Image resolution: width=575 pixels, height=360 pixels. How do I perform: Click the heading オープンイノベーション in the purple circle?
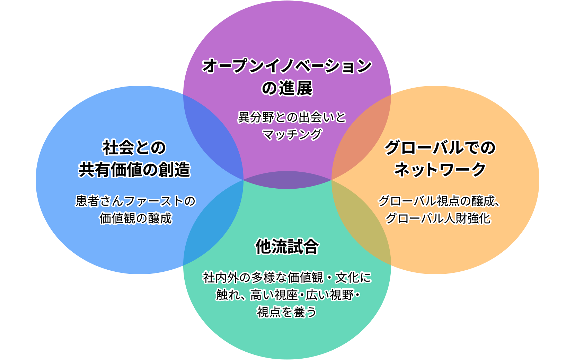(x=287, y=66)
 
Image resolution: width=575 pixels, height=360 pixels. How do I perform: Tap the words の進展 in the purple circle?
(x=287, y=88)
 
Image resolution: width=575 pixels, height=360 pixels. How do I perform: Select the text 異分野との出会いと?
(x=292, y=117)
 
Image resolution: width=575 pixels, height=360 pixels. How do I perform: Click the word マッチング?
(x=292, y=134)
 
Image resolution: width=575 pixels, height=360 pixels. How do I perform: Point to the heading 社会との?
(x=134, y=148)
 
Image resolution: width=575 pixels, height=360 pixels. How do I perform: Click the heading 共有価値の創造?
(x=134, y=170)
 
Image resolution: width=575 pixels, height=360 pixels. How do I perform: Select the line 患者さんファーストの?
(x=135, y=201)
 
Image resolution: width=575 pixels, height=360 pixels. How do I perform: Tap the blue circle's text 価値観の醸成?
(x=135, y=218)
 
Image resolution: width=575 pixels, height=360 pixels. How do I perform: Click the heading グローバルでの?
(x=440, y=148)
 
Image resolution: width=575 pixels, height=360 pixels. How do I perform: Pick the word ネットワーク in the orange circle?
(x=440, y=170)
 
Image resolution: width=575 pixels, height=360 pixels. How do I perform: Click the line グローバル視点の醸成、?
(x=439, y=201)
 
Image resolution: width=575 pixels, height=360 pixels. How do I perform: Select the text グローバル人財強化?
(x=438, y=218)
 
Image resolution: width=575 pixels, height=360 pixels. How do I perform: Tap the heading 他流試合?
(x=287, y=246)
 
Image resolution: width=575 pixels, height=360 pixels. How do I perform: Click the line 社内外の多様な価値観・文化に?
(x=287, y=277)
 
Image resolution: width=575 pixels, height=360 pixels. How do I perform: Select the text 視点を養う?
(x=286, y=312)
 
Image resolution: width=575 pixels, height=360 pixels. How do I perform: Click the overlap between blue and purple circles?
(x=215, y=138)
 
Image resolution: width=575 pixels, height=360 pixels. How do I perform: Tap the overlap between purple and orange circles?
(x=360, y=138)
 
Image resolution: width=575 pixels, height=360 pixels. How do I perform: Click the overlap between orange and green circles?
(x=360, y=222)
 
